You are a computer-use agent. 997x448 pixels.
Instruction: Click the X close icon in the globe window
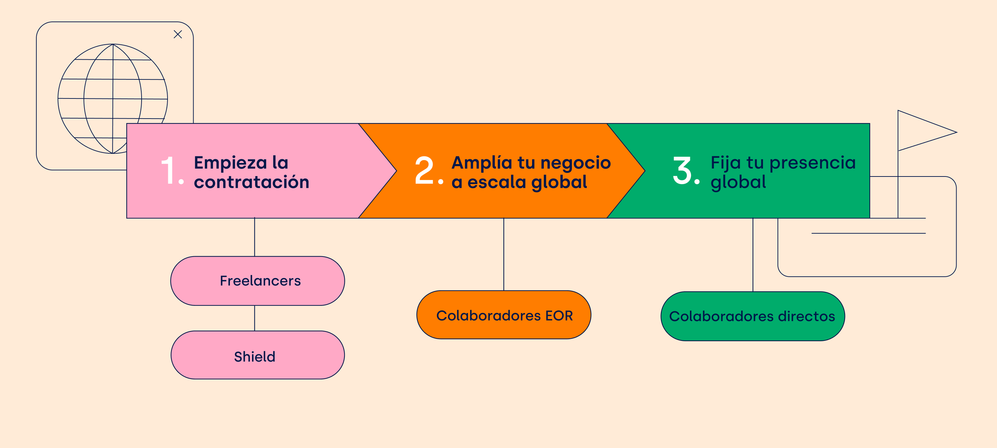click(x=178, y=34)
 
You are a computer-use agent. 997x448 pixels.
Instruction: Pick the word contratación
click(x=252, y=182)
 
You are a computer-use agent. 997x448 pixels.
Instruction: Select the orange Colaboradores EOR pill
click(x=504, y=315)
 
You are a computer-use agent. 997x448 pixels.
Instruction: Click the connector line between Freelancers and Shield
click(x=255, y=318)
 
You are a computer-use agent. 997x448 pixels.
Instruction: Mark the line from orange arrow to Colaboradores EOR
click(x=504, y=254)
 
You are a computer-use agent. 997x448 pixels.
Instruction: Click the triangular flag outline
click(x=927, y=131)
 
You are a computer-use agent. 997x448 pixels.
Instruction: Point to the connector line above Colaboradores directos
click(x=753, y=255)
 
